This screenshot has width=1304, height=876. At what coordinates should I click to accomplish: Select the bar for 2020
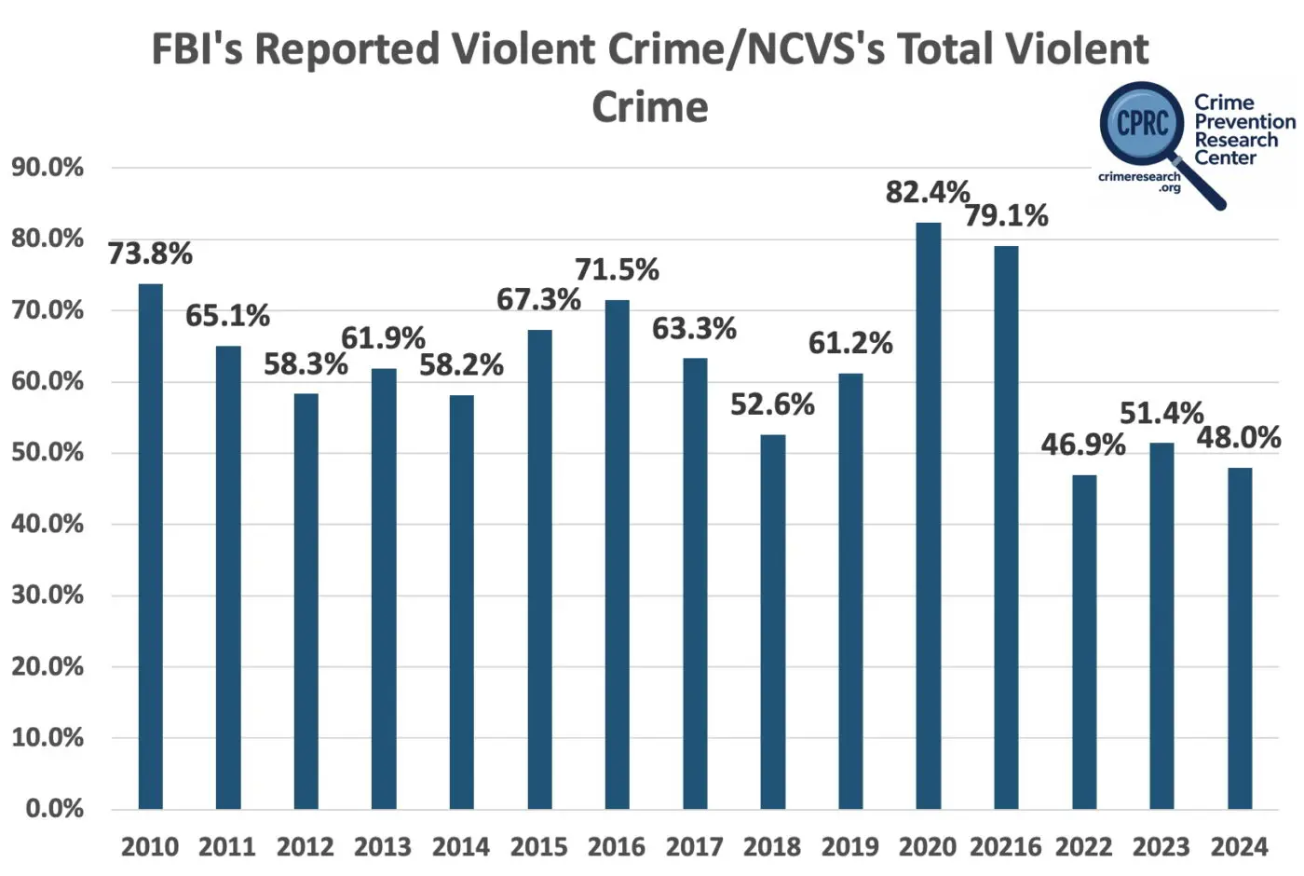tap(929, 515)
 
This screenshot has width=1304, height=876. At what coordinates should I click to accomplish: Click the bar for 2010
tap(150, 546)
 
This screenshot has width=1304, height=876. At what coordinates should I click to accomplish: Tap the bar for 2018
tap(772, 622)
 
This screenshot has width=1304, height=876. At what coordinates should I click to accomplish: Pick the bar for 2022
tap(1084, 642)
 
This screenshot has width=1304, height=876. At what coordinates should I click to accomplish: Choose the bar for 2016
tap(617, 554)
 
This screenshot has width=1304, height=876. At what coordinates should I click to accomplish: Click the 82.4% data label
tap(928, 192)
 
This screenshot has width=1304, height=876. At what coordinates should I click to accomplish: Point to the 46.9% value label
tap(1083, 445)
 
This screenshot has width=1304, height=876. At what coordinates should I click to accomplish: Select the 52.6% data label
tap(772, 404)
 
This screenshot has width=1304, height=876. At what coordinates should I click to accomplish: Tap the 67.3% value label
tap(538, 299)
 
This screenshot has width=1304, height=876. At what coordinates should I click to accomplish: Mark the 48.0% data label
tap(1239, 437)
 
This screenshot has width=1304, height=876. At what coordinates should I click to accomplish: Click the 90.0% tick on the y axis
tap(48, 168)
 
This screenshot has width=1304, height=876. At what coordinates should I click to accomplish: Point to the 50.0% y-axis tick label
tap(48, 453)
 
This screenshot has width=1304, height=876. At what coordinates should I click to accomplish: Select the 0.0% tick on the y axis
tap(54, 809)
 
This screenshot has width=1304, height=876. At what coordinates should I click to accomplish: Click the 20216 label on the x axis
tap(1006, 847)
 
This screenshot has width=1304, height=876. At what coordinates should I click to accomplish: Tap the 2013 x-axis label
tap(383, 847)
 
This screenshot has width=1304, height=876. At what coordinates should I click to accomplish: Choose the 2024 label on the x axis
tap(1239, 847)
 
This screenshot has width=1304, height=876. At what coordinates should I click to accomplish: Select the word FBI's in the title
tap(197, 49)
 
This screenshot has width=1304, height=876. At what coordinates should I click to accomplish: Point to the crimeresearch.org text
tap(1140, 181)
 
